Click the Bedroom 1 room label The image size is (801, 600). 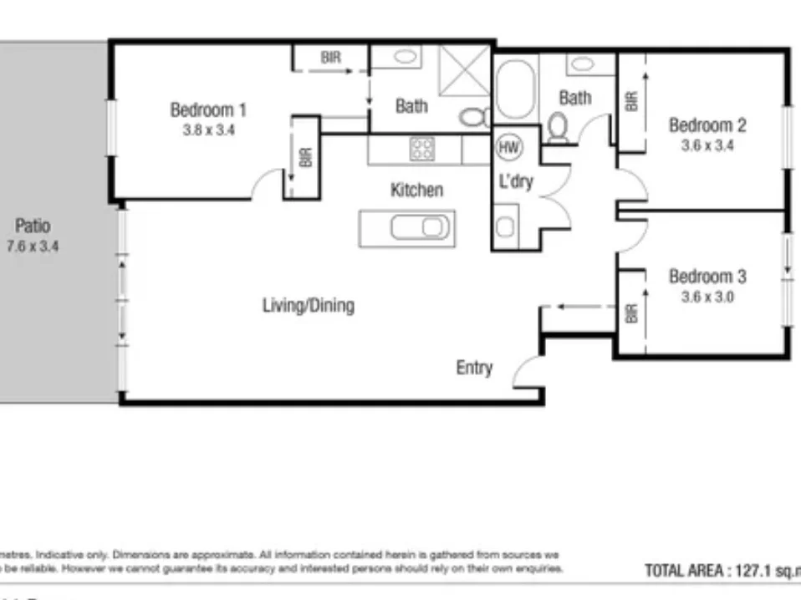(208, 109)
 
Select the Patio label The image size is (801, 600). (33, 226)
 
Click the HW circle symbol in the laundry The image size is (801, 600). (508, 148)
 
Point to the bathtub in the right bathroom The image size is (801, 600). (513, 89)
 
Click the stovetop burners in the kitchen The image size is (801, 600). (422, 150)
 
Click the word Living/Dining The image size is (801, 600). (309, 305)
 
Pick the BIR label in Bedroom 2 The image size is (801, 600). (630, 101)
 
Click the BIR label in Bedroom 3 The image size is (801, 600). (630, 314)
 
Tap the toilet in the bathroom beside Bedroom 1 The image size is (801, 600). (474, 117)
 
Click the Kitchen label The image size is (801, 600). (416, 191)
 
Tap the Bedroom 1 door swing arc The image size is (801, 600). (268, 185)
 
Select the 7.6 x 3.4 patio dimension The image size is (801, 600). (33, 247)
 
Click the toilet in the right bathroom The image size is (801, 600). (559, 127)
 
